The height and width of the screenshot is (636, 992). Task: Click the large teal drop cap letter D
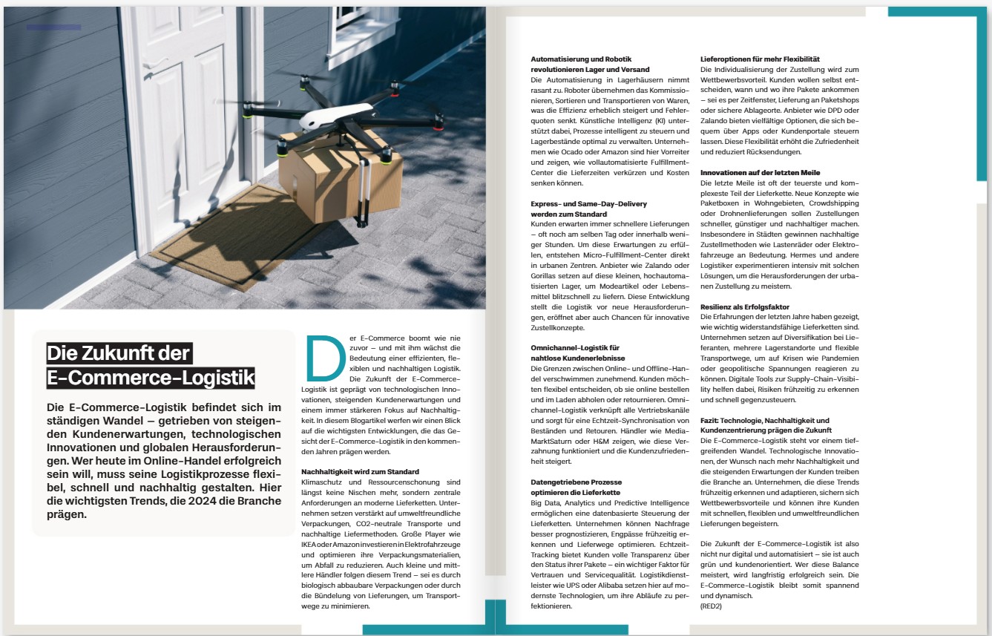325,359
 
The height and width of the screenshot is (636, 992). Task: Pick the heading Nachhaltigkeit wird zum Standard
360,471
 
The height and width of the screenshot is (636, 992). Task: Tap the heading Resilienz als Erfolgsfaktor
745,306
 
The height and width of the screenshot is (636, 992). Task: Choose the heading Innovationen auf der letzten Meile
761,172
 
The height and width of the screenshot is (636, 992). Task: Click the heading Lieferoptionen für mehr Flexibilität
760,59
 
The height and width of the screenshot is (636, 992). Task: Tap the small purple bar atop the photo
53,27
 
